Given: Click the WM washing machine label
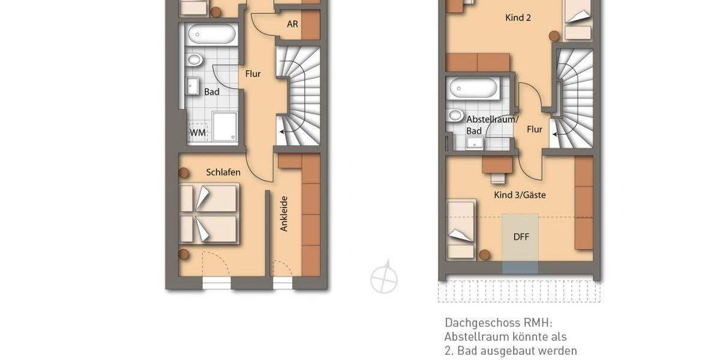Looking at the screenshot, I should coord(197,133).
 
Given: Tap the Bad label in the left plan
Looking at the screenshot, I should coord(212,92).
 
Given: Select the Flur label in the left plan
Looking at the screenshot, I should coord(253,74).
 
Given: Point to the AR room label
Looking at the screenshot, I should coord(292,25).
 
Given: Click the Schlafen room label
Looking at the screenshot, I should coord(223,172).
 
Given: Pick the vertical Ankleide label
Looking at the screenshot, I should coord(284,214).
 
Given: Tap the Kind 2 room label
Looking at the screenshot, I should coord(518,17).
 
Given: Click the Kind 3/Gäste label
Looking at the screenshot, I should coord(520,195).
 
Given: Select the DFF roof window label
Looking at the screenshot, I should coord(521,236).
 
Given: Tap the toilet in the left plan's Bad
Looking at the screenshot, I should coord(194,59).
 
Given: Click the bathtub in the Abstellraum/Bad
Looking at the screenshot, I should coord(473,90).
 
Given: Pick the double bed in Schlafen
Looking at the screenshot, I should coord(209,214).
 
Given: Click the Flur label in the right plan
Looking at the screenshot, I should coord(534,129).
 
